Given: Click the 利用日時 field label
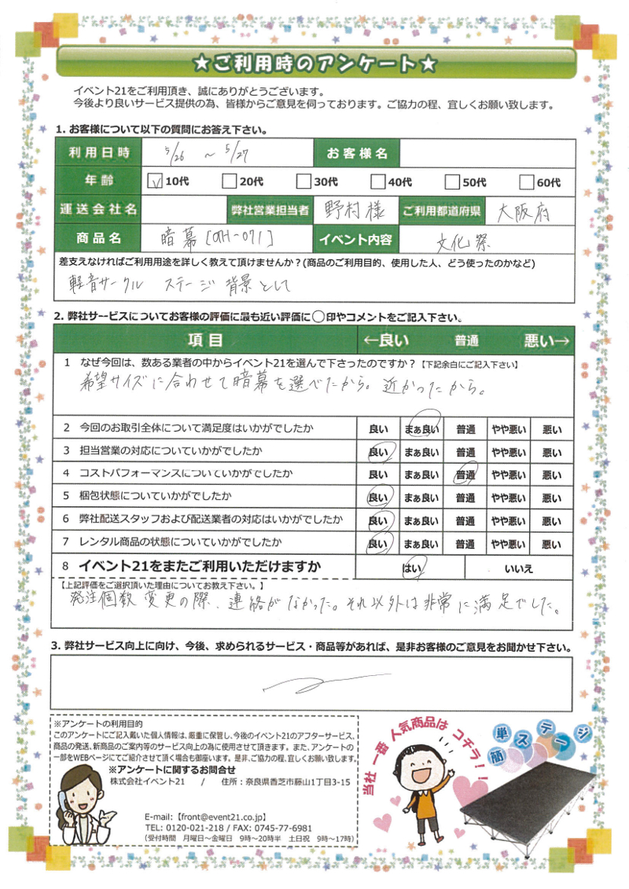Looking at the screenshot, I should point(97,152).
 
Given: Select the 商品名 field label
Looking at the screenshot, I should point(97,238).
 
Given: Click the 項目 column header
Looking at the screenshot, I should point(205,340).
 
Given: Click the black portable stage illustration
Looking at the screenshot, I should point(532,795).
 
